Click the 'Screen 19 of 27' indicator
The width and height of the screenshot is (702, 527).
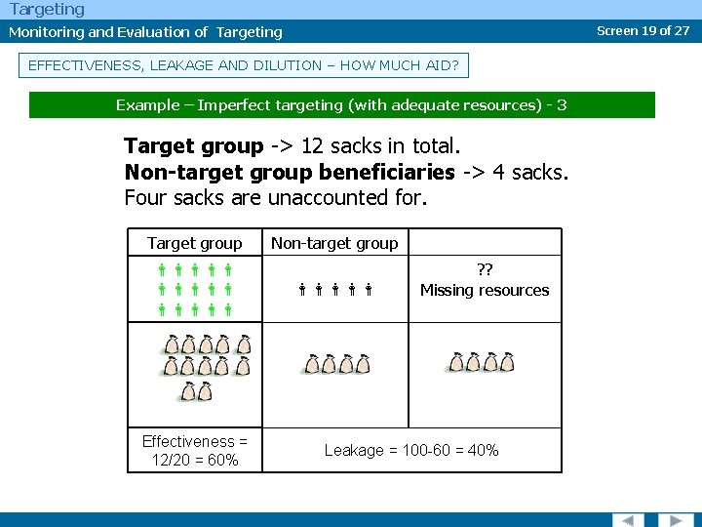click(643, 30)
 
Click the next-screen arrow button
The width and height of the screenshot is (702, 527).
click(674, 519)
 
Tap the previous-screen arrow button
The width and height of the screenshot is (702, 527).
click(628, 519)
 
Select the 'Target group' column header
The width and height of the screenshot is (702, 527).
click(195, 243)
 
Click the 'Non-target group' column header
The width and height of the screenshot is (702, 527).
click(334, 243)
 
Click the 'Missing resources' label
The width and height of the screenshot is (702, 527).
click(485, 290)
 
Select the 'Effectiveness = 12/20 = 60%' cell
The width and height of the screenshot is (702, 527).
click(195, 450)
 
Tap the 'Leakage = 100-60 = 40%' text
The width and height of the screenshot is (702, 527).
click(411, 450)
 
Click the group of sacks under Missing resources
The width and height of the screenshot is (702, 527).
click(481, 363)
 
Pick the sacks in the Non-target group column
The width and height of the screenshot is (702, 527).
click(337, 365)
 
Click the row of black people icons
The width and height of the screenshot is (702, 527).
click(336, 290)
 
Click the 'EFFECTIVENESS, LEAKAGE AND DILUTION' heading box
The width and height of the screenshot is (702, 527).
click(244, 65)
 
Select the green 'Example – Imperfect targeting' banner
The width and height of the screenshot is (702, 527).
click(341, 104)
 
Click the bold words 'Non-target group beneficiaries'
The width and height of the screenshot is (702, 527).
click(290, 173)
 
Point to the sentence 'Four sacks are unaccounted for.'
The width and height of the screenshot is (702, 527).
click(276, 198)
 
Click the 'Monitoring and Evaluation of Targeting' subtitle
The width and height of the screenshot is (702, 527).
click(145, 32)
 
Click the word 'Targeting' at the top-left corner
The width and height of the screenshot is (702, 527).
click(47, 9)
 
